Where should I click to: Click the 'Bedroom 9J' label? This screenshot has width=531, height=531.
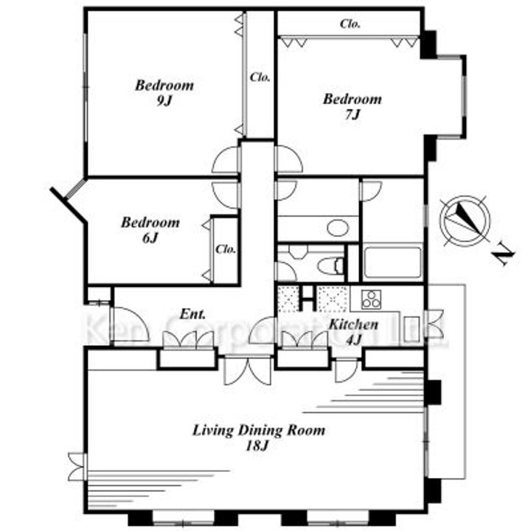pos(164,92)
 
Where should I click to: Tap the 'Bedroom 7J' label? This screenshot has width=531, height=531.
pos(353,107)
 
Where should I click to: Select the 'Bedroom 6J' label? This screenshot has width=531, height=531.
pos(150,230)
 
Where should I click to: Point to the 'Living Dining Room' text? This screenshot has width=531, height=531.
pos(259,431)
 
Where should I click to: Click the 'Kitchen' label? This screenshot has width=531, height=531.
pos(353,324)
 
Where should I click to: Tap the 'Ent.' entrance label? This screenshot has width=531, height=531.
pos(192,314)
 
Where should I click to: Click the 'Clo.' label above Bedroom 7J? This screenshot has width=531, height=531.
pos(350,24)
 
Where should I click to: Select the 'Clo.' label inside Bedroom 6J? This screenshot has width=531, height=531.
pos(226,249)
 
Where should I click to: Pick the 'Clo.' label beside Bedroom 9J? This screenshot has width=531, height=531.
pos(260,77)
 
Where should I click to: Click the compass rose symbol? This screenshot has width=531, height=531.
pos(465,221)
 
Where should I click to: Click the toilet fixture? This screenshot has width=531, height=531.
pos(331,265)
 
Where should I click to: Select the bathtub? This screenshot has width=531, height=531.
pos(392,263)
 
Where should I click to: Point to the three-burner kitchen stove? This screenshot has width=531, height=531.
pos(371,299)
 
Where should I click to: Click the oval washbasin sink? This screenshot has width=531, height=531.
pos(338,228)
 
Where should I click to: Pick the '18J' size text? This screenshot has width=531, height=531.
pos(257,446)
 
